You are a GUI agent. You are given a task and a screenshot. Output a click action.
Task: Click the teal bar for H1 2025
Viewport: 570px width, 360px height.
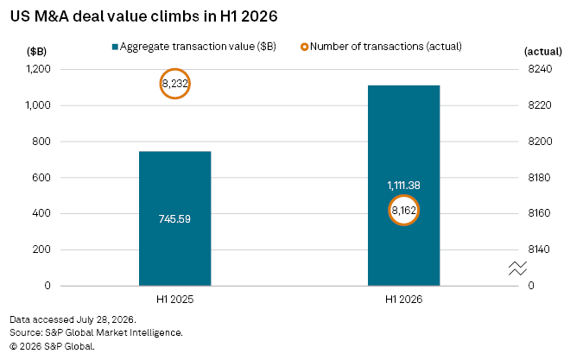[174, 218]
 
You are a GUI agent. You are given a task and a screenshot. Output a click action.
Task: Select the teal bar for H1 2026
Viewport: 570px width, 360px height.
[403, 186]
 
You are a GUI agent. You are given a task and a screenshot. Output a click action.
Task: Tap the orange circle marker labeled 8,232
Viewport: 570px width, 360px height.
[174, 71]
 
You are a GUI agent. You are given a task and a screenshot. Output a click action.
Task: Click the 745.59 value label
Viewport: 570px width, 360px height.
[174, 219]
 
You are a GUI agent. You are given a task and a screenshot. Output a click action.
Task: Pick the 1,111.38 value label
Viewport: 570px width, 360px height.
[403, 186]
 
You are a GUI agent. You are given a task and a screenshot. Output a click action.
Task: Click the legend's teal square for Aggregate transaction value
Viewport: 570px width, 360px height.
[115, 47]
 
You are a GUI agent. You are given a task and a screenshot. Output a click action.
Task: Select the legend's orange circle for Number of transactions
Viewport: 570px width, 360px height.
[304, 44]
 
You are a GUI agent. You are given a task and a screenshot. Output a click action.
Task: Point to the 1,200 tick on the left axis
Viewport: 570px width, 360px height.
[38, 69]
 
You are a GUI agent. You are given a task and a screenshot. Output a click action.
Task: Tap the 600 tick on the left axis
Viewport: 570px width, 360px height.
[41, 177]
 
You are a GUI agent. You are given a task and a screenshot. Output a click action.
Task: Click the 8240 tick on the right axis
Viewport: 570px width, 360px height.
[540, 69]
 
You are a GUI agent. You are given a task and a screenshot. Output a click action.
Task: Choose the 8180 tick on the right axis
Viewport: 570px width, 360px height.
[540, 177]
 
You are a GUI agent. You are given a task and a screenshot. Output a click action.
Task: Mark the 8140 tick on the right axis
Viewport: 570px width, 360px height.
[539, 249]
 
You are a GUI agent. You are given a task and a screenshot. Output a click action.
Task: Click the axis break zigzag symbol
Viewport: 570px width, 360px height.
[517, 268]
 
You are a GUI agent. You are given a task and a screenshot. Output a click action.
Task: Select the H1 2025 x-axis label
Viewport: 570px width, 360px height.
[174, 300]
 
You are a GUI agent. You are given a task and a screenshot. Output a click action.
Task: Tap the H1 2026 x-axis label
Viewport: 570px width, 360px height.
[403, 300]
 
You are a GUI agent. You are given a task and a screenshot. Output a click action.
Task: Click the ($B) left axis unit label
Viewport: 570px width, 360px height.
[37, 51]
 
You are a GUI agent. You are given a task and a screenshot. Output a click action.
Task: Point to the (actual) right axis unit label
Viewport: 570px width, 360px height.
[542, 52]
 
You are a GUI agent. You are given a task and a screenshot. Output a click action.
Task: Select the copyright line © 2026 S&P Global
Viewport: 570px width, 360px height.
[52, 346]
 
